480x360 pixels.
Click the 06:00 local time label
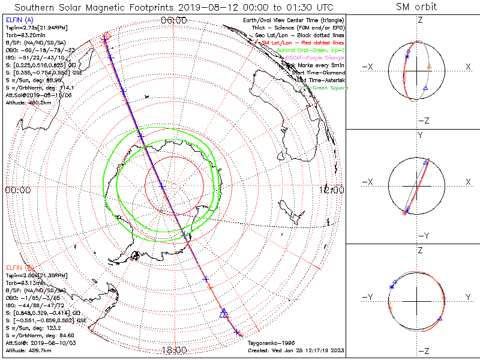pyautogui.click(x=174, y=20)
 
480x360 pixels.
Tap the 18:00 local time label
pyautogui.click(x=174, y=349)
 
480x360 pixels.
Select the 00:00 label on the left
pyautogui.click(x=17, y=190)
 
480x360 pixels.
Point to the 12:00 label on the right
pyautogui.click(x=332, y=190)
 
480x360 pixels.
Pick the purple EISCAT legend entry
pyautogui.click(x=312, y=58)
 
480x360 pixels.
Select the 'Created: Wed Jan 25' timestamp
pyautogui.click(x=296, y=350)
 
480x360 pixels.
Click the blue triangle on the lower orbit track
pyautogui.click(x=224, y=313)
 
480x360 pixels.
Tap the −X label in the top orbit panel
pyautogui.click(x=368, y=66)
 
